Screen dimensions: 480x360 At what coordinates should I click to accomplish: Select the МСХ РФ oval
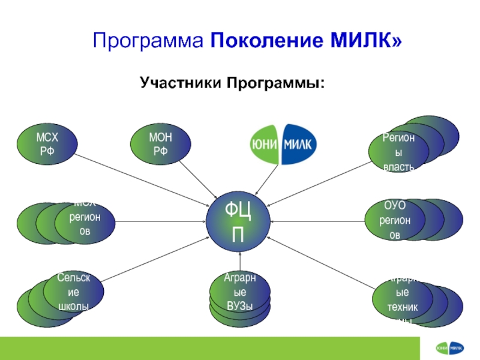[x=47, y=145]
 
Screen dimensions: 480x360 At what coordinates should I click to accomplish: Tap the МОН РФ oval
[x=161, y=145]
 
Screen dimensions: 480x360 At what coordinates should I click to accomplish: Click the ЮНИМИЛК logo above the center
[x=283, y=144]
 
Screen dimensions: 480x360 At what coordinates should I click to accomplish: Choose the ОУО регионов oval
[x=395, y=221]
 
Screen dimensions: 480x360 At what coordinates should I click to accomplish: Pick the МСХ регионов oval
[x=85, y=222]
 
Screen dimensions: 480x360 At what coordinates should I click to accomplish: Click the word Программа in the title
[x=148, y=41]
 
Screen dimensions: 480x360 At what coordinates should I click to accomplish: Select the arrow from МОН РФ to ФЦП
[x=201, y=179]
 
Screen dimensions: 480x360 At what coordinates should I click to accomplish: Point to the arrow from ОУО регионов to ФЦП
[x=318, y=221]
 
